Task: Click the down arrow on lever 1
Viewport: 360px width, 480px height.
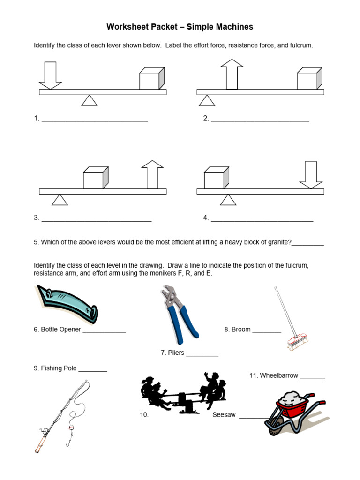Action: (50, 75)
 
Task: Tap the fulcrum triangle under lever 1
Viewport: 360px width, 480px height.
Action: (90, 100)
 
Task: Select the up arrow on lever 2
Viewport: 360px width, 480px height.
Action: (232, 74)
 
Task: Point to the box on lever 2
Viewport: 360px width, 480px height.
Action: (310, 78)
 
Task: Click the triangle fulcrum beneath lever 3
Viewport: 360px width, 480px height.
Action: (60, 200)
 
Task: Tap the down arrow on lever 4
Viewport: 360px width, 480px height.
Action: (311, 175)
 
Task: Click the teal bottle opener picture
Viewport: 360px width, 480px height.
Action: (67, 303)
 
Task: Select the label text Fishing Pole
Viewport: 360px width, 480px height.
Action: (58, 368)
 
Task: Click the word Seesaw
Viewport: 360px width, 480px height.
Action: (224, 415)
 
